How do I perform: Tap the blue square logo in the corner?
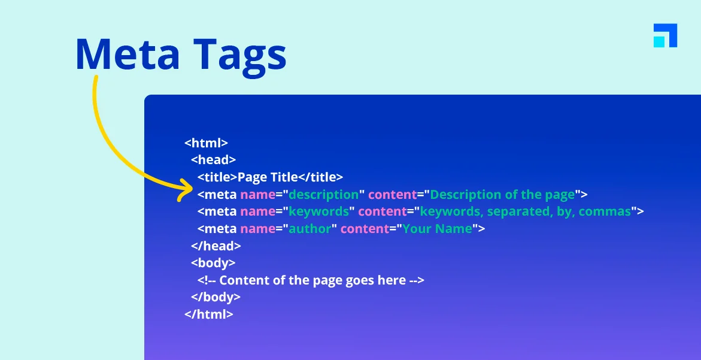pos(665,35)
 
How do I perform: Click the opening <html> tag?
pos(206,143)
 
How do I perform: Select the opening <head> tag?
pos(213,160)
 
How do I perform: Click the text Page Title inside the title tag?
pos(268,177)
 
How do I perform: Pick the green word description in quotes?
pos(323,195)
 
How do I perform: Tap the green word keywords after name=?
pos(318,211)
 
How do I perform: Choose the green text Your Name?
pos(437,229)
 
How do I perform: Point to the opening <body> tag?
pos(213,263)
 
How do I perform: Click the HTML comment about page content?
pos(311,280)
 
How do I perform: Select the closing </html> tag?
pos(209,314)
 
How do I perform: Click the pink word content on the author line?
pos(365,229)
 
